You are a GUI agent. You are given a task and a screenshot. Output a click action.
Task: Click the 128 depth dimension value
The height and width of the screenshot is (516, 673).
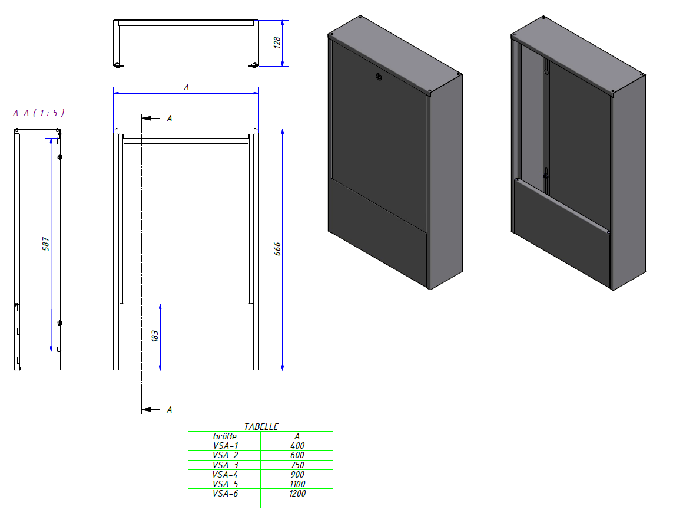(277, 42)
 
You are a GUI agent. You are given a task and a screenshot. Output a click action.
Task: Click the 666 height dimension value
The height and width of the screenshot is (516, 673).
(278, 249)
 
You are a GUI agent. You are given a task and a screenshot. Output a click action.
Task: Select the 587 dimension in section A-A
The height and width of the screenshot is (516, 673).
(45, 244)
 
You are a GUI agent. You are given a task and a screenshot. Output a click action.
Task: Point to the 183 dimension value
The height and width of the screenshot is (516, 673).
(155, 336)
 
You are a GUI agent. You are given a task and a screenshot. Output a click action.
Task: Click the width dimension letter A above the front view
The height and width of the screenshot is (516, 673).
(186, 87)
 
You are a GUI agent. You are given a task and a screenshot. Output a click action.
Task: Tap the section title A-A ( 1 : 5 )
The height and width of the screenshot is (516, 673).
(39, 113)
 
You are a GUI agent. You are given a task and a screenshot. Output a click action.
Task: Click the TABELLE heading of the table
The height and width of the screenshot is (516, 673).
(261, 426)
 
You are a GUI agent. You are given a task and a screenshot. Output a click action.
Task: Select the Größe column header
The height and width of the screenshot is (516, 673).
(224, 436)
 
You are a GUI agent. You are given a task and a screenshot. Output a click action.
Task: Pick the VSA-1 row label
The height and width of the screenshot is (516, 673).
(226, 446)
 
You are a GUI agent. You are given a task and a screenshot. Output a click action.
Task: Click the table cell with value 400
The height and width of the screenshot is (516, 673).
(297, 446)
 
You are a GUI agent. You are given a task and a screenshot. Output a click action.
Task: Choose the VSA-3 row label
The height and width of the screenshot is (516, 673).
(226, 465)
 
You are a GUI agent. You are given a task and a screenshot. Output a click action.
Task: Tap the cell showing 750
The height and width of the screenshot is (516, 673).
(297, 465)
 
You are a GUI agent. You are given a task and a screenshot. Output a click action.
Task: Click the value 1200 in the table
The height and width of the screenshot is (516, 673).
(297, 494)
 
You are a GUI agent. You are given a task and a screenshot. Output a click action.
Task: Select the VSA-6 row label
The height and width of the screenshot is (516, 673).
(226, 494)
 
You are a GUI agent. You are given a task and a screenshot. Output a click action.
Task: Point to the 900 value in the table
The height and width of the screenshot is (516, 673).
(297, 474)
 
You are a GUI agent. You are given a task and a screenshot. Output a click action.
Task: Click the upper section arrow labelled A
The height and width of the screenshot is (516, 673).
(151, 119)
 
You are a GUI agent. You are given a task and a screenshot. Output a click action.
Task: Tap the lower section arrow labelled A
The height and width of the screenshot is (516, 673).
(151, 409)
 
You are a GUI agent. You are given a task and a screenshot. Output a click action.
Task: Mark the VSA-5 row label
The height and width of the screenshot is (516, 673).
(226, 484)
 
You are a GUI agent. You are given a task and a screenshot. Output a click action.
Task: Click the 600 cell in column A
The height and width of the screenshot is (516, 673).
(297, 455)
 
